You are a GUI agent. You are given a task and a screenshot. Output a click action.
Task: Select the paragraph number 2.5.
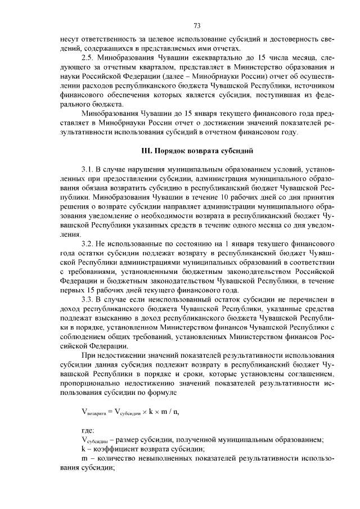pos(88,59)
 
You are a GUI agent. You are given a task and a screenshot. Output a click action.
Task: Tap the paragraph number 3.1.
pos(88,169)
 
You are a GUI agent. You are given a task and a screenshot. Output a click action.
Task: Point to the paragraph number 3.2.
pos(88,244)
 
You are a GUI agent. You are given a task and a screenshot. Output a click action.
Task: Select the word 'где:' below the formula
pos(88,430)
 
